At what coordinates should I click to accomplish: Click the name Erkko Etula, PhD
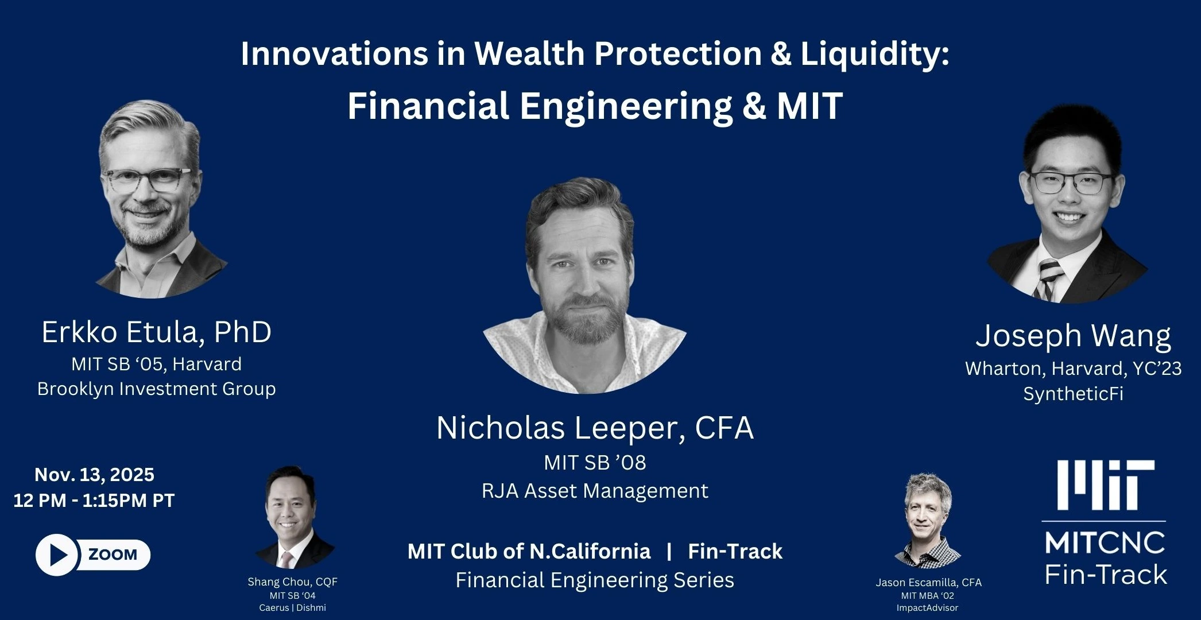coord(156,332)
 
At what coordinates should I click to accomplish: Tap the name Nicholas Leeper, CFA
coord(595,428)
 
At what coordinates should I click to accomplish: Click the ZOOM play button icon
coord(56,555)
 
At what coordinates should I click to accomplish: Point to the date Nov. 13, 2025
coord(94,475)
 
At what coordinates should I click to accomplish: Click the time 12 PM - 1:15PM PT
coord(94,500)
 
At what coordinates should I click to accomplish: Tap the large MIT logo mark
coord(1106,485)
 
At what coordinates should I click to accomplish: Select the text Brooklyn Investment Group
coord(156,389)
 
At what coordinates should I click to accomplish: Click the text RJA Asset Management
coord(595,491)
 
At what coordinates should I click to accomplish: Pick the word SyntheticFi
coord(1073,394)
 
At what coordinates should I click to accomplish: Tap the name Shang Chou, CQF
coord(292,582)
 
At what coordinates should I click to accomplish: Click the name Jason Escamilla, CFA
coord(928,582)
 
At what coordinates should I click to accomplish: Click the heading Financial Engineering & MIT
coord(595,106)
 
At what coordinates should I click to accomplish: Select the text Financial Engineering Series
coord(595,580)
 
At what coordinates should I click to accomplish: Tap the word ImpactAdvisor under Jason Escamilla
coord(927,607)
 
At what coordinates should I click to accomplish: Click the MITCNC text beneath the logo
coord(1105,542)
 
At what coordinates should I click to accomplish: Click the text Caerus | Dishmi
coord(292,607)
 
